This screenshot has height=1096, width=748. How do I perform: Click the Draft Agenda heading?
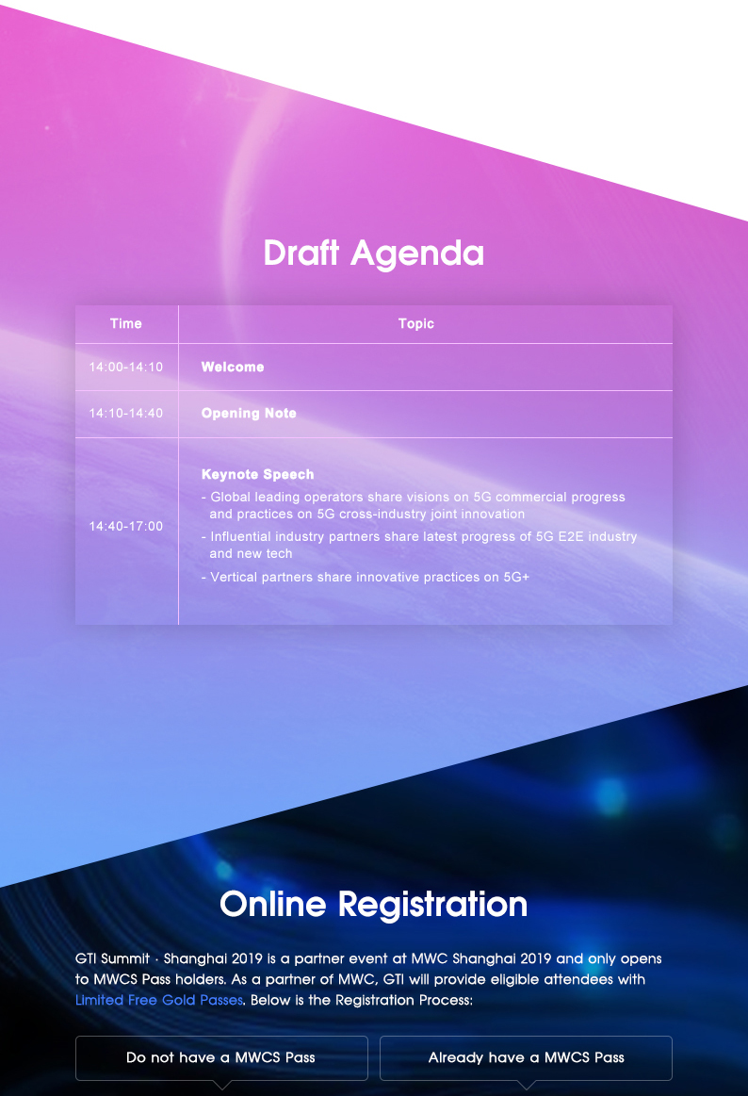click(374, 253)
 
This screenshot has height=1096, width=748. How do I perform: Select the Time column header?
click(125, 323)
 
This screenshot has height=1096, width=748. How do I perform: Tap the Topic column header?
click(416, 323)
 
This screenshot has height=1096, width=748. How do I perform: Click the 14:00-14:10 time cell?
click(125, 367)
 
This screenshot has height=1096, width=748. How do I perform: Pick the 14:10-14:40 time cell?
click(125, 413)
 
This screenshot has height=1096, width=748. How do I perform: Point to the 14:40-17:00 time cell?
click(125, 527)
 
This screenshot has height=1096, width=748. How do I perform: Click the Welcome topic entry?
click(233, 367)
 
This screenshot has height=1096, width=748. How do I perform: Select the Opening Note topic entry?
click(249, 413)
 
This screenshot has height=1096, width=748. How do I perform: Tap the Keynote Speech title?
click(258, 475)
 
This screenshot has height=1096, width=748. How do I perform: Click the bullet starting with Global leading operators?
click(414, 505)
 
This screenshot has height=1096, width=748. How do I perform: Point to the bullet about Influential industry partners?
click(419, 546)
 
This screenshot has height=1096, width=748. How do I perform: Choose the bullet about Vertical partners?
click(366, 578)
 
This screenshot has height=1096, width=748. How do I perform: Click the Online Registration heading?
click(374, 905)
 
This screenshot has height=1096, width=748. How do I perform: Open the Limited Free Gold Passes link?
click(159, 1000)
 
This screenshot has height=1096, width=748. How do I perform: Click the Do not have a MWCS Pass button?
click(221, 1057)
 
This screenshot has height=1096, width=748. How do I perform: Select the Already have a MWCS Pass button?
click(526, 1057)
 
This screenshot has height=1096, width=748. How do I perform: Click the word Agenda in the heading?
click(417, 253)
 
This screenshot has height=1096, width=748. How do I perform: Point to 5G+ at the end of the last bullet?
click(516, 578)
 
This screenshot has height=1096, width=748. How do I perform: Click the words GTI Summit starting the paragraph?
click(112, 959)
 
